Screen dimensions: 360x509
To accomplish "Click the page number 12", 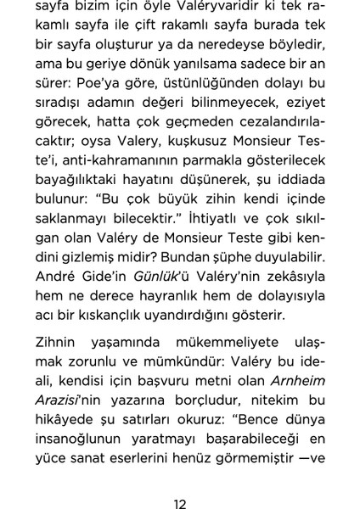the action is coord(179,480).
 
